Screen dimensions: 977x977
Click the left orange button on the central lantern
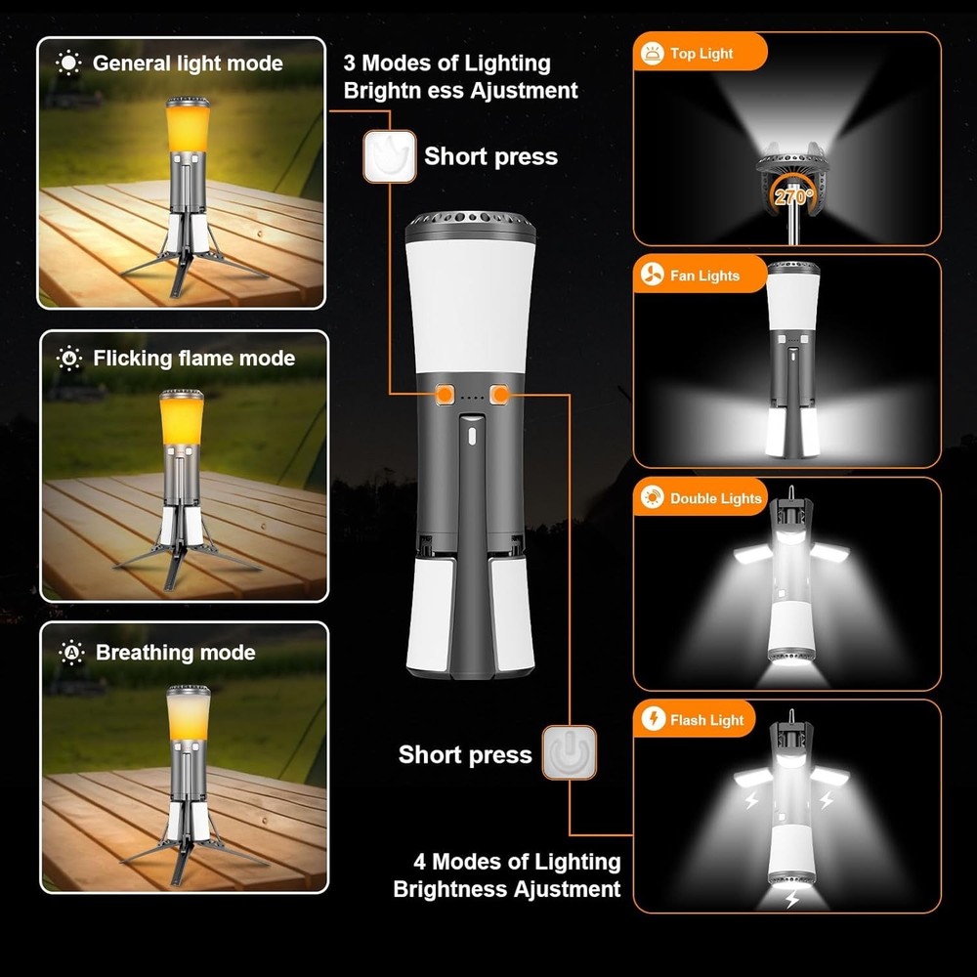pyautogui.click(x=445, y=394)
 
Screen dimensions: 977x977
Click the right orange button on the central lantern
pyautogui.click(x=502, y=394)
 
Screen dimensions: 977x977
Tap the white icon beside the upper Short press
pyautogui.click(x=390, y=156)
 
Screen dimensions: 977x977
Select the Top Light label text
pyautogui.click(x=701, y=54)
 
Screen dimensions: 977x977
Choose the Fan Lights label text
pyautogui.click(x=705, y=276)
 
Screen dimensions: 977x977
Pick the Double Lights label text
pyautogui.click(x=715, y=499)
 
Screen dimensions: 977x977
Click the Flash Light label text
pyautogui.click(x=707, y=721)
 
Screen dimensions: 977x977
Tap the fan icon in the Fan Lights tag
pyautogui.click(x=652, y=276)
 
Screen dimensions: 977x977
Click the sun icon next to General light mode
pyautogui.click(x=68, y=64)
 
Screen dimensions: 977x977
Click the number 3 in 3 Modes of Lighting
pyautogui.click(x=350, y=64)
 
